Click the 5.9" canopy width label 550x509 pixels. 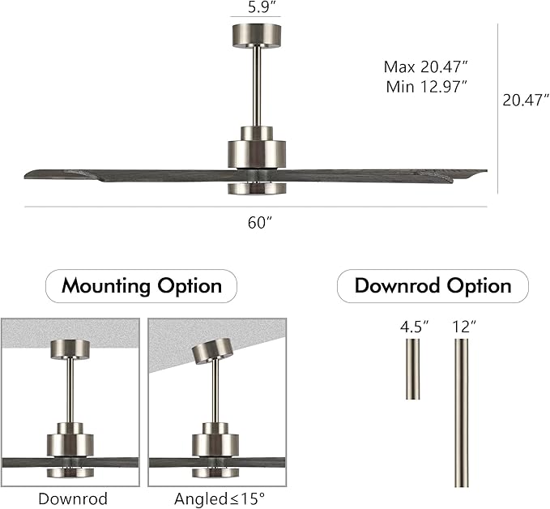click(254, 9)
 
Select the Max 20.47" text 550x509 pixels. click(426, 66)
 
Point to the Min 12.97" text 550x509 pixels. click(426, 88)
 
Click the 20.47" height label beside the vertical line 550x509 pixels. click(525, 101)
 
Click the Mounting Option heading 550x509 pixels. click(141, 286)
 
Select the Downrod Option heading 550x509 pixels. click(433, 286)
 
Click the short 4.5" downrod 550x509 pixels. click(413, 369)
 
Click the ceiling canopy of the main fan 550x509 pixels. click(255, 35)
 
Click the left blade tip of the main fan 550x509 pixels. click(32, 174)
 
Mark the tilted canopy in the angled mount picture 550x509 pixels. click(210, 351)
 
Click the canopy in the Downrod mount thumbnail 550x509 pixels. click(70, 349)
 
